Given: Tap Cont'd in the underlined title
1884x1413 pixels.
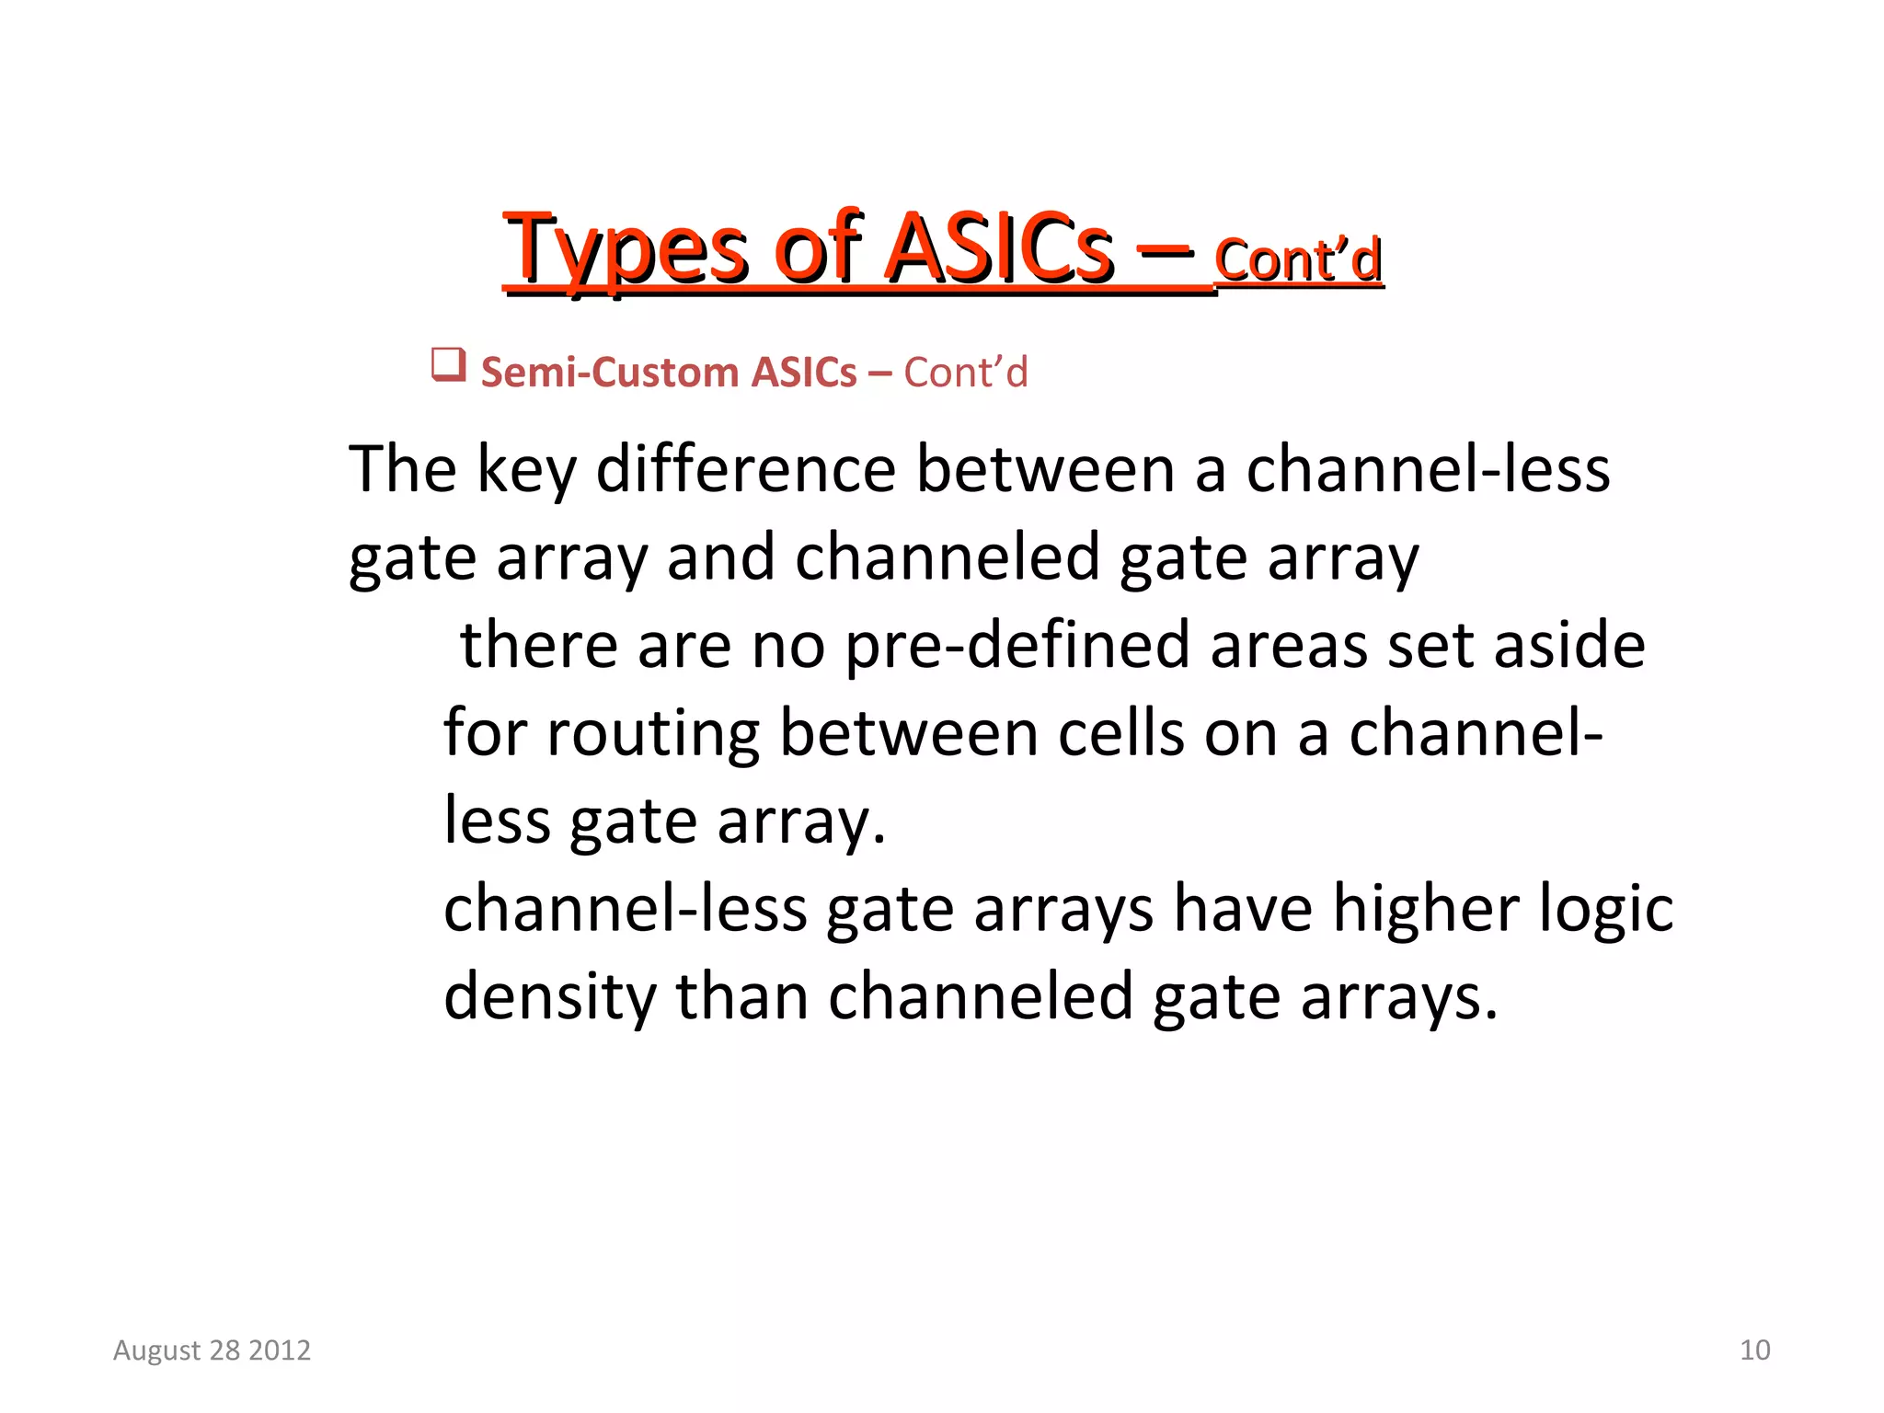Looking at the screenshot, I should click(x=1298, y=259).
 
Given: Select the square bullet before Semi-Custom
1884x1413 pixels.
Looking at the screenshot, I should click(x=449, y=365).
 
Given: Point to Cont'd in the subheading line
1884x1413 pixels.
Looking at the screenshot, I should click(x=965, y=373).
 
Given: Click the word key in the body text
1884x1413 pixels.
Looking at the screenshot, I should click(x=526, y=471).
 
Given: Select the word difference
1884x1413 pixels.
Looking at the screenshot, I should click(x=746, y=469).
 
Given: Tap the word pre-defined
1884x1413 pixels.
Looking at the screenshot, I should click(x=1017, y=646).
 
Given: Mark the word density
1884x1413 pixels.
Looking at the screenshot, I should click(x=549, y=997).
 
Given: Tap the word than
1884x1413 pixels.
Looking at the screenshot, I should click(x=741, y=997).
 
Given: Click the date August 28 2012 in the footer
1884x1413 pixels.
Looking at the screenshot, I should click(x=212, y=1350).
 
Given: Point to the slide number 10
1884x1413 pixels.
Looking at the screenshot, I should click(x=1754, y=1350).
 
